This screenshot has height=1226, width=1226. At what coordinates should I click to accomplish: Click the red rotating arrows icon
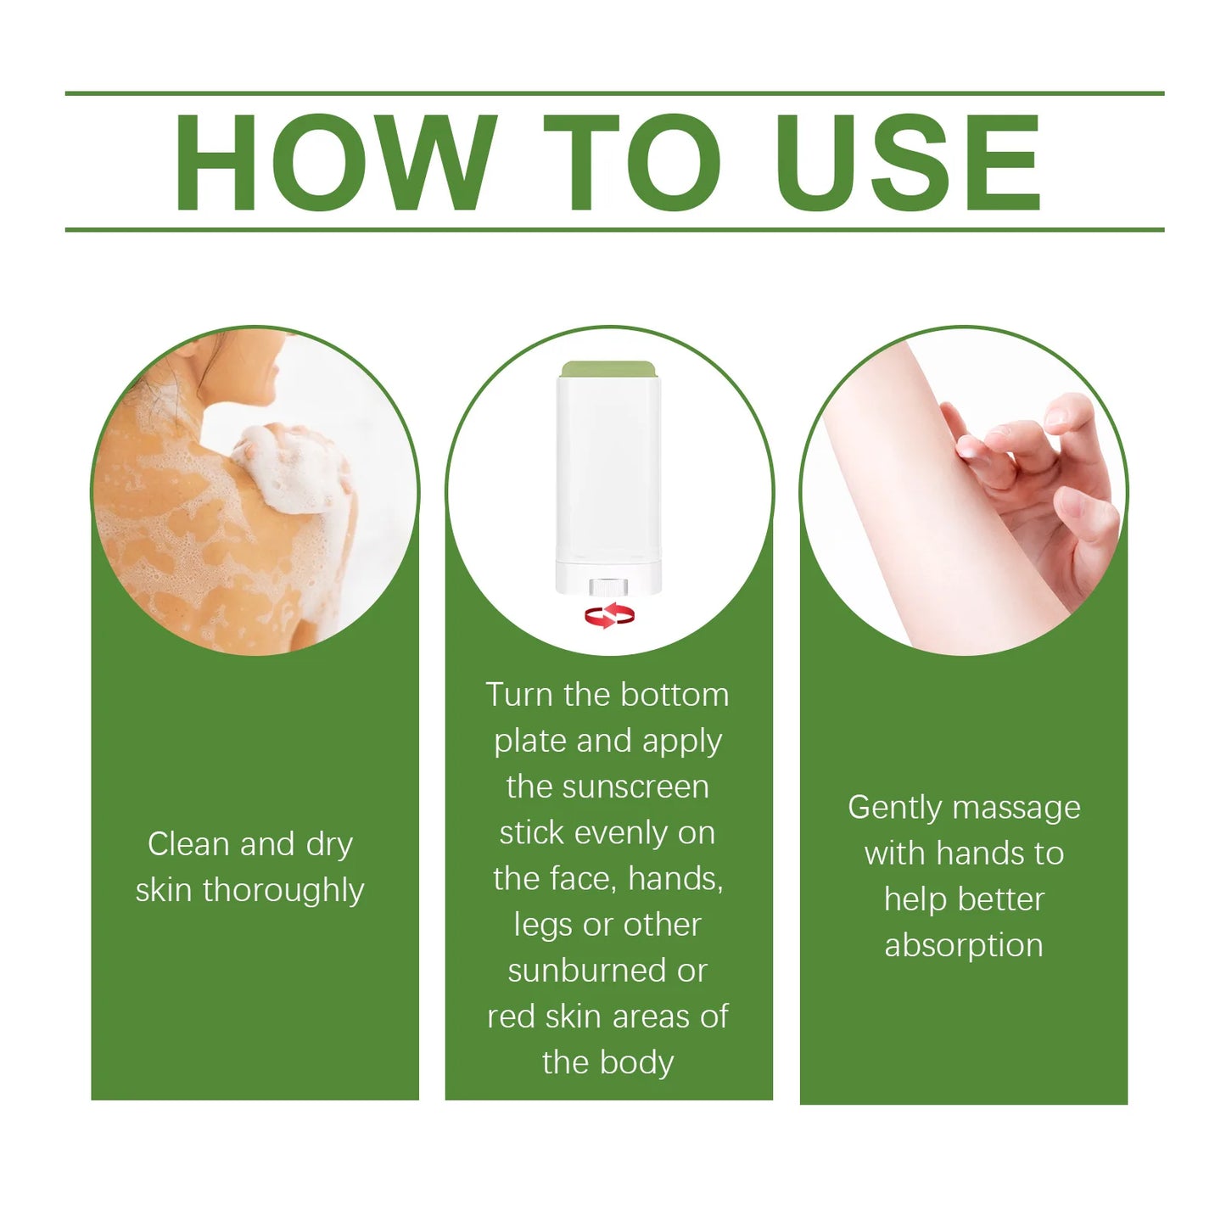tap(608, 615)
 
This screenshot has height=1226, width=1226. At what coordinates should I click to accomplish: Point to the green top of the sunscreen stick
tap(608, 369)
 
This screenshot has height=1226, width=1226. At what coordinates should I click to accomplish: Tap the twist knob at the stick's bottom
tap(608, 586)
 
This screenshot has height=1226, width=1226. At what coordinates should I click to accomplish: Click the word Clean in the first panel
tap(188, 844)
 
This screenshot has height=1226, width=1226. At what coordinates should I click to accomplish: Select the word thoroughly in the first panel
tap(283, 891)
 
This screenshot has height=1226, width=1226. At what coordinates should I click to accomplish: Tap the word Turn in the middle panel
tap(518, 695)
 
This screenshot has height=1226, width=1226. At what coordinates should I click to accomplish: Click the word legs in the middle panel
tap(543, 925)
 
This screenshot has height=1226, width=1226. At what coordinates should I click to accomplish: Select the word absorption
tap(964, 945)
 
